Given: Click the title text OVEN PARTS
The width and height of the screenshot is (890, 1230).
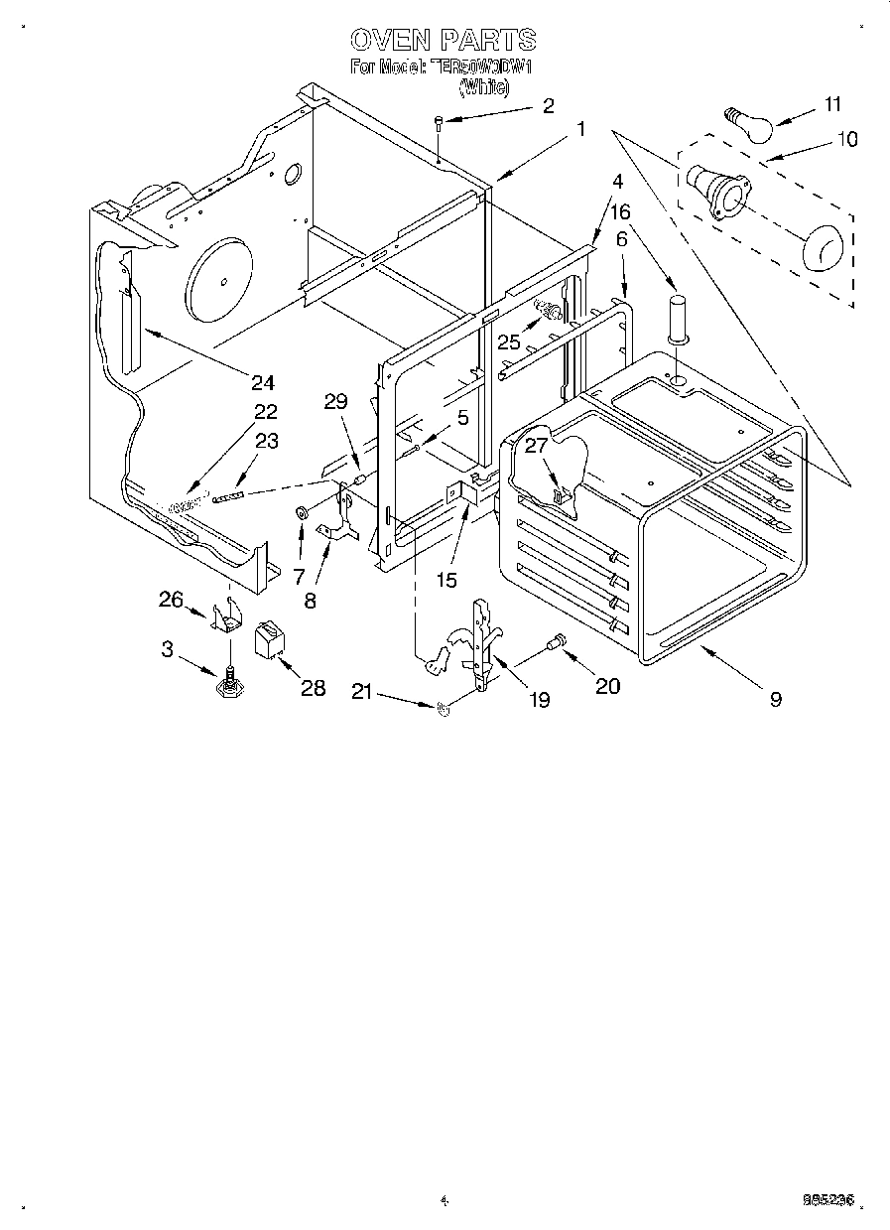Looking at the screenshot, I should [444, 40].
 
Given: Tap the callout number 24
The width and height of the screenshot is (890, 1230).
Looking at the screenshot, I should [262, 382].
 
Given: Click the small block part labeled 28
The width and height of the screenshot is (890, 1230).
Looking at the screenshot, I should [268, 640].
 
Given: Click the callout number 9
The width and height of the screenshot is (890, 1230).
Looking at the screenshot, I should [775, 699].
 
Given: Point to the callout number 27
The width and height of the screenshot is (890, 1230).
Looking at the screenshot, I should [536, 445].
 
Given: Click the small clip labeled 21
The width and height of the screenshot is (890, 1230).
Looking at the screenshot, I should [443, 709].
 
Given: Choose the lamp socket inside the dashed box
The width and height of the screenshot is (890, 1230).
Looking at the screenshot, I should [715, 191].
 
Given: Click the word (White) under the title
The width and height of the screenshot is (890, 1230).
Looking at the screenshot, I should [484, 87].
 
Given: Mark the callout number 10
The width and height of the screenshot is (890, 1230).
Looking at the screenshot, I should [846, 138].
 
